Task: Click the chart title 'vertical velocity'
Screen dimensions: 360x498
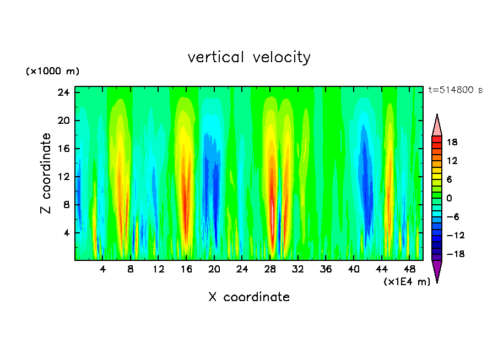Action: [x=249, y=57]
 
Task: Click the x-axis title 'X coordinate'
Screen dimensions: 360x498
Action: [x=249, y=297]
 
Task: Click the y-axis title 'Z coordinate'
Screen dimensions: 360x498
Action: [x=46, y=173]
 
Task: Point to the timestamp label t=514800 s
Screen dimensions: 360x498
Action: [x=455, y=90]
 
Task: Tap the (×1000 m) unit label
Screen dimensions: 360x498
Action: [x=53, y=72]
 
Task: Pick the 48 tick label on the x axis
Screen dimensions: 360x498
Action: [x=409, y=269]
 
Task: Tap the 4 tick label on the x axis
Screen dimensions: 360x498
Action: [x=103, y=269]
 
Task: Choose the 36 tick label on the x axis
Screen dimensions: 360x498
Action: [x=326, y=269]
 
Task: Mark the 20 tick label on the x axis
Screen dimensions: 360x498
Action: [x=214, y=269]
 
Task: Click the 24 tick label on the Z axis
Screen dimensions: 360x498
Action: [x=63, y=92]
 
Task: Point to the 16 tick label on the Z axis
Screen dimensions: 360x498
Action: [x=63, y=149]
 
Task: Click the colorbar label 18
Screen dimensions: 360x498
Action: [x=452, y=142]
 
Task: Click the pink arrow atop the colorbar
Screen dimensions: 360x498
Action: [x=437, y=126]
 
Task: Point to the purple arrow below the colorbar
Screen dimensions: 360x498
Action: [x=437, y=271]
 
